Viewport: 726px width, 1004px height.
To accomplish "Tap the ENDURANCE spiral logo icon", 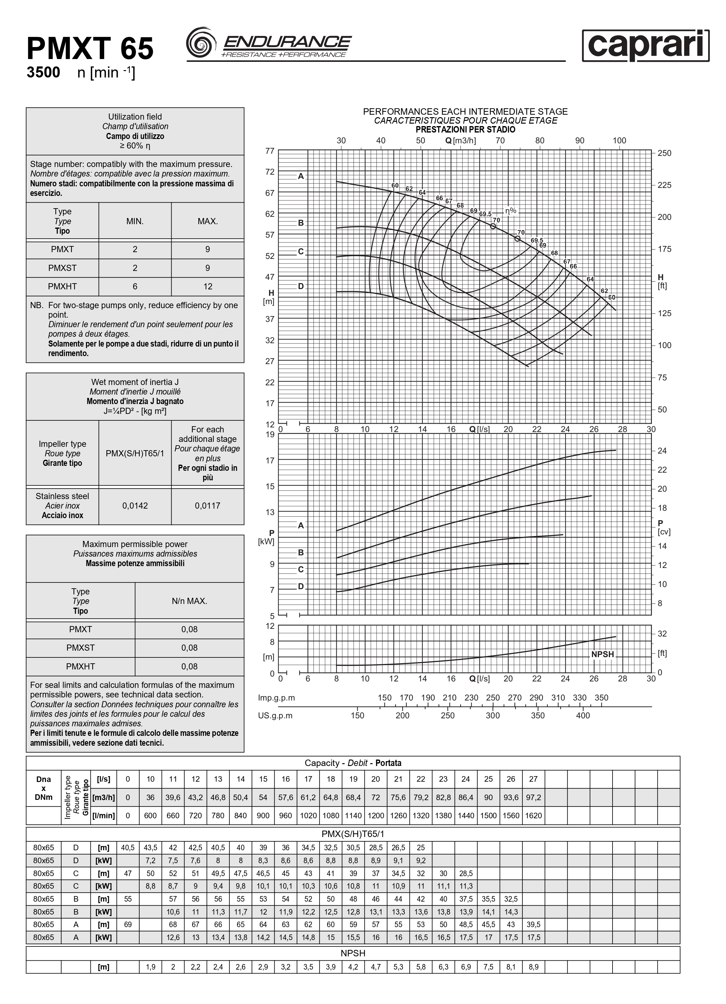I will click(x=201, y=42).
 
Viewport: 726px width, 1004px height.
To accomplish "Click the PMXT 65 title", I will click(x=90, y=49).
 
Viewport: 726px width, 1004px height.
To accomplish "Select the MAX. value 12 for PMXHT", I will click(x=208, y=286).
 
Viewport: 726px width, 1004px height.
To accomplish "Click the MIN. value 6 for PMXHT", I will click(x=135, y=286).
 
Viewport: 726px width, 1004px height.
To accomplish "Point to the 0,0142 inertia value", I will click(x=135, y=506).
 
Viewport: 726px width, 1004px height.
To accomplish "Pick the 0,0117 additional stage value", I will click(x=208, y=506).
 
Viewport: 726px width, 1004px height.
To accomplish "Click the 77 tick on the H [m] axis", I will click(x=270, y=151).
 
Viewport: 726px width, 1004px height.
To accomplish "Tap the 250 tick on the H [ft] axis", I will click(x=664, y=153).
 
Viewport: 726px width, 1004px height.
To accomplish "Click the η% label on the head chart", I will click(x=511, y=211).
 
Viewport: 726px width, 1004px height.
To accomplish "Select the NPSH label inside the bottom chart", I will click(x=602, y=654).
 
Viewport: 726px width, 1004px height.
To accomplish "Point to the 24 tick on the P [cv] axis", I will click(x=662, y=451).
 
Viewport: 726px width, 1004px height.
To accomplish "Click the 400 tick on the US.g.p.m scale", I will click(x=583, y=715).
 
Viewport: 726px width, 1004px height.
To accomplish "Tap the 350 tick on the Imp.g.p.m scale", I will click(x=601, y=698).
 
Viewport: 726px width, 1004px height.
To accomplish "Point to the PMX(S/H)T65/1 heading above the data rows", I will click(x=353, y=834).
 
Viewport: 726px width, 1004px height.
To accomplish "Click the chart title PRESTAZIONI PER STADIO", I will click(x=465, y=130).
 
